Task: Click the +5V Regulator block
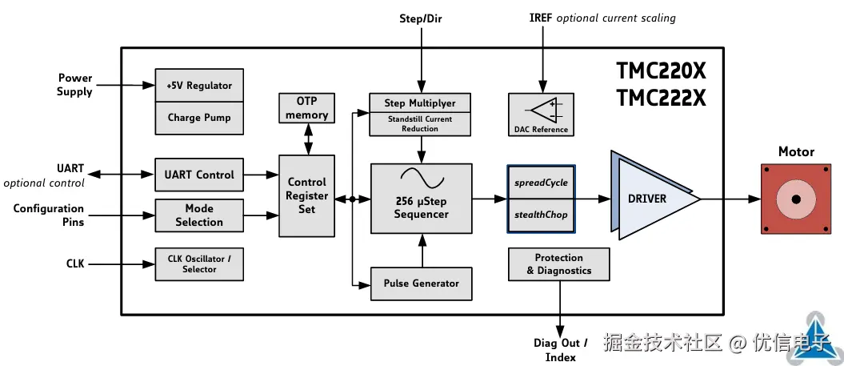tap(199, 85)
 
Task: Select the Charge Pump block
tap(199, 118)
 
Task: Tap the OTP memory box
tap(307, 108)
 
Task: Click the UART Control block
tap(199, 175)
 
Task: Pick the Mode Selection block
tap(199, 215)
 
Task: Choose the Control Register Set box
tap(307, 195)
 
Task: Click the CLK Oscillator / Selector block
tap(199, 264)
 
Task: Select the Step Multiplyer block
tap(420, 103)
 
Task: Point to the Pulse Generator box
tap(422, 284)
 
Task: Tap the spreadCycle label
tap(541, 183)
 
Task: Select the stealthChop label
tap(541, 215)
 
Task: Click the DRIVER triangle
tap(654, 199)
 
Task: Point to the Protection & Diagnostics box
tap(558, 264)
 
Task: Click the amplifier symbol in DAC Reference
tap(544, 110)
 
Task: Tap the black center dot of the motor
tap(796, 199)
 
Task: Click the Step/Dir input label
tap(421, 19)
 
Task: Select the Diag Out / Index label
tap(560, 350)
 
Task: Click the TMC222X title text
tap(661, 98)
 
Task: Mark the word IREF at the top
tap(541, 18)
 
